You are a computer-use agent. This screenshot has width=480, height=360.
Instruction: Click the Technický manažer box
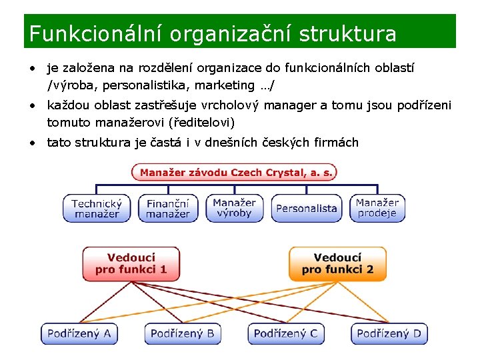click(x=97, y=208)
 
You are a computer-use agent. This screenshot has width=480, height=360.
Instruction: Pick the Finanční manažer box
click(x=168, y=208)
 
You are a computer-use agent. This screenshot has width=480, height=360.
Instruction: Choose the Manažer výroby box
click(x=235, y=208)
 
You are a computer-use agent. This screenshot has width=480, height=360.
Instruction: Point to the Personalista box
click(x=307, y=209)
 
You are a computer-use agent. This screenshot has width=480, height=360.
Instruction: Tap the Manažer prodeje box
click(x=377, y=208)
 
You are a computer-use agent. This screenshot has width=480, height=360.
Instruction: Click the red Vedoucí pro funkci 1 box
click(x=131, y=264)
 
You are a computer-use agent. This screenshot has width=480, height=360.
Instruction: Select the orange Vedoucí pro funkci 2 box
click(x=337, y=264)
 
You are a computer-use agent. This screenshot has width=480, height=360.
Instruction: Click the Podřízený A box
click(x=79, y=333)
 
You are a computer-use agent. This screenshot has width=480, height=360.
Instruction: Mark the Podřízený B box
click(x=182, y=333)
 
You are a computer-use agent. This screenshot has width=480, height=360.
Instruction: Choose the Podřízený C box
click(x=286, y=333)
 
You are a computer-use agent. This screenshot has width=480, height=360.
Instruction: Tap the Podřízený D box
click(x=389, y=333)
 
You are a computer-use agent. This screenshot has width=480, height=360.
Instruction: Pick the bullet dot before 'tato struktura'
click(x=32, y=143)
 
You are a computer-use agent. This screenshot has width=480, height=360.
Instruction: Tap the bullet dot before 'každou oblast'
click(x=32, y=105)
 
